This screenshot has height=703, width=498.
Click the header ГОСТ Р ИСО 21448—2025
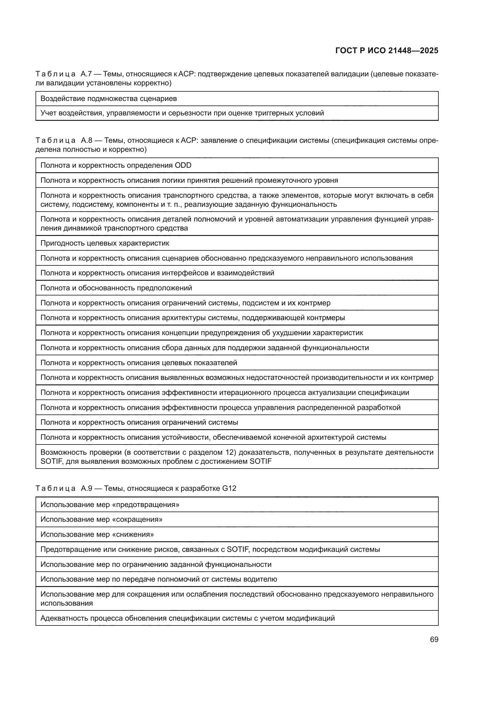click(387, 50)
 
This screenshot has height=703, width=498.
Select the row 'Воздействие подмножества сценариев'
click(109, 99)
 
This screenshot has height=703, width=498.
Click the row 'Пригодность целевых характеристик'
click(104, 243)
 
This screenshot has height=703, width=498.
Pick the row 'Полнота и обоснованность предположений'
click(116, 288)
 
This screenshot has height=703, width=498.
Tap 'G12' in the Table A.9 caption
click(229, 488)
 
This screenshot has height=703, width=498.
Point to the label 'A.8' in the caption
click(86, 141)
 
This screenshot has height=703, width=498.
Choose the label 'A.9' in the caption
click(86, 488)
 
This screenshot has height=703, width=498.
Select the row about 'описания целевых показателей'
click(139, 363)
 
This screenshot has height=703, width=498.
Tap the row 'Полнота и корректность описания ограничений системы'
click(139, 422)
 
